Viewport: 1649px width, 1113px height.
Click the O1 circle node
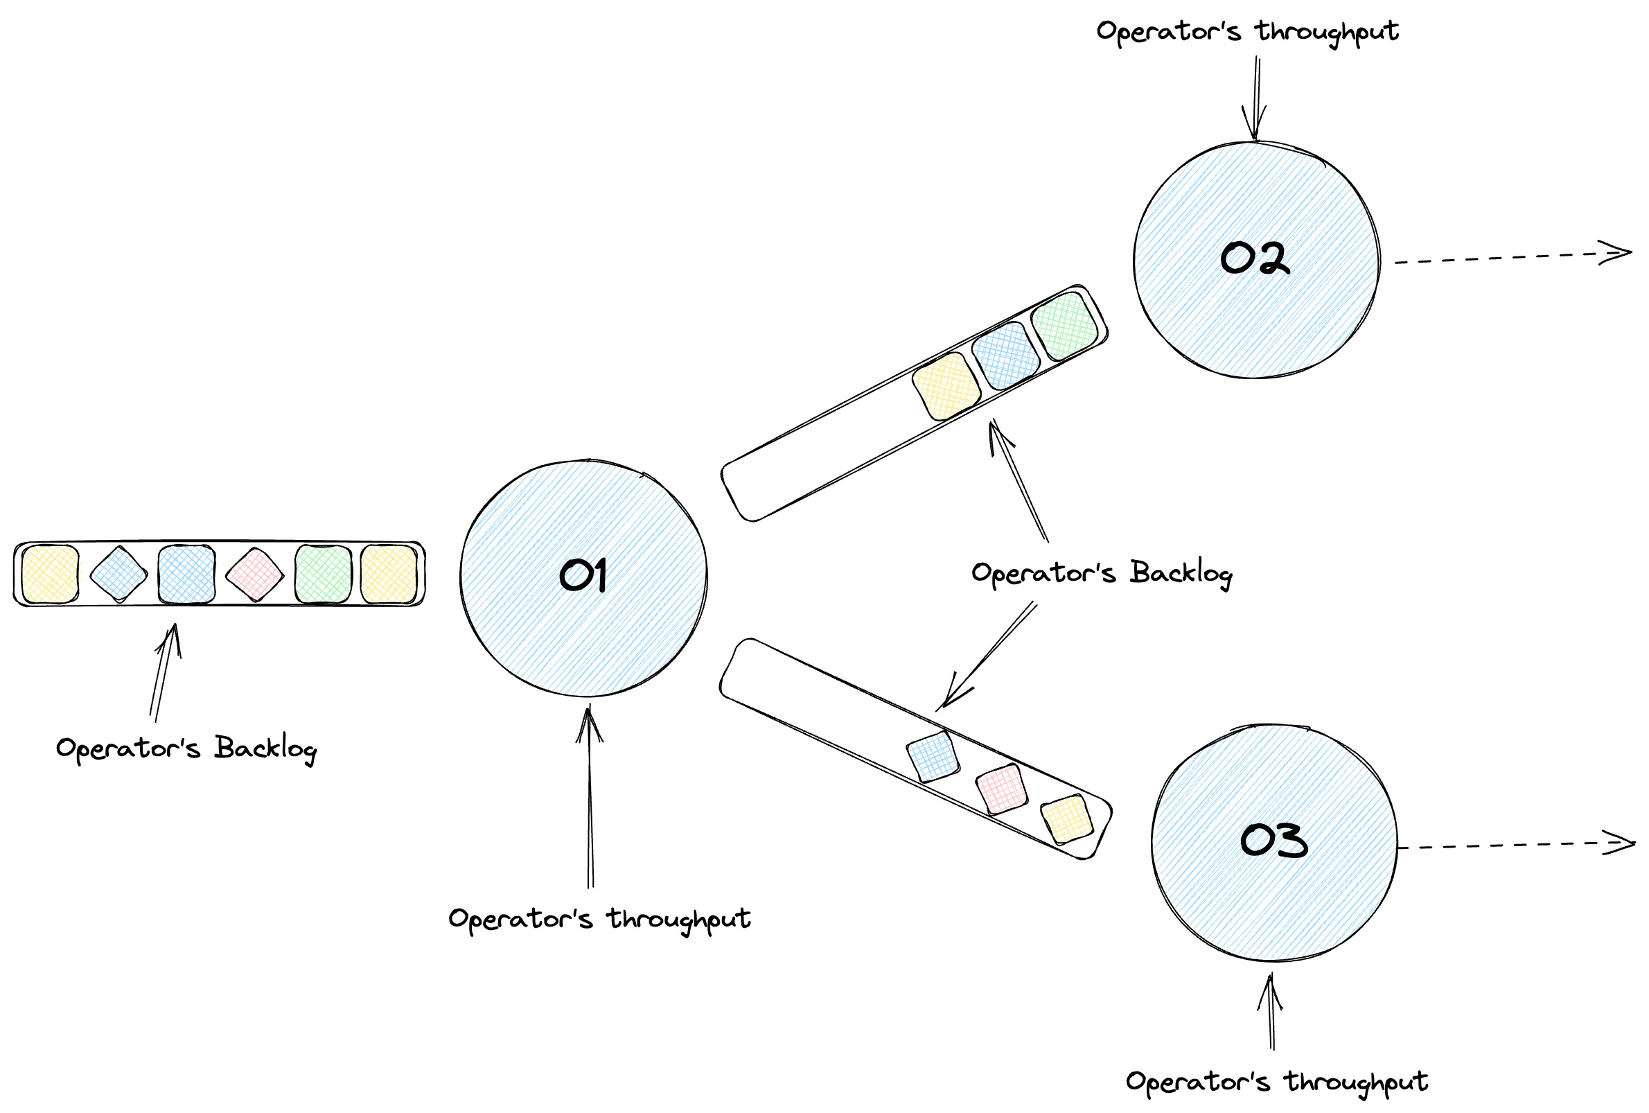[x=583, y=578]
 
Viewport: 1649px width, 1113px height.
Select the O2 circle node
[x=1256, y=260]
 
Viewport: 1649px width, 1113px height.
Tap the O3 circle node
[x=1274, y=843]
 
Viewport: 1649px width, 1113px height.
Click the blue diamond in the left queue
[x=118, y=574]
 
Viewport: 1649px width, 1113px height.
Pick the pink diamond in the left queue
[x=254, y=574]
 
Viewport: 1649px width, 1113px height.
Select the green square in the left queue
[x=323, y=574]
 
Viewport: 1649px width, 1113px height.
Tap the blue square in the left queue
[x=186, y=574]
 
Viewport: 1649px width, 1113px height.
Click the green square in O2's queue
[x=1064, y=326]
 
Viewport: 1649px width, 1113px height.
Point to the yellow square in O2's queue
[x=946, y=386]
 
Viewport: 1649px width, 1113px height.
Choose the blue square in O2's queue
[x=1005, y=356]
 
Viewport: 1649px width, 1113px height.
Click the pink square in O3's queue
[x=1001, y=789]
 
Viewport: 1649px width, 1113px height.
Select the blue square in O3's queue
[x=933, y=757]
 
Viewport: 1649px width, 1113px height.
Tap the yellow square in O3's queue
[x=1066, y=819]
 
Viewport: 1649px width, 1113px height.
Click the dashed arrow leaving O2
[x=1511, y=257]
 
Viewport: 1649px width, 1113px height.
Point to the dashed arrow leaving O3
[x=1515, y=845]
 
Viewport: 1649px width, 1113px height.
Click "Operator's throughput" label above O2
[x=1247, y=32]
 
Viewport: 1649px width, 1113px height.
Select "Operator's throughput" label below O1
[x=599, y=919]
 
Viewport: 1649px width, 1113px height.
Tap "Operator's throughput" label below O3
[x=1277, y=1082]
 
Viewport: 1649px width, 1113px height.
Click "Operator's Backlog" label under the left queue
[x=186, y=748]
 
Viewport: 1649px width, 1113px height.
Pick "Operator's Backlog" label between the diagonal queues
[x=1101, y=573]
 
